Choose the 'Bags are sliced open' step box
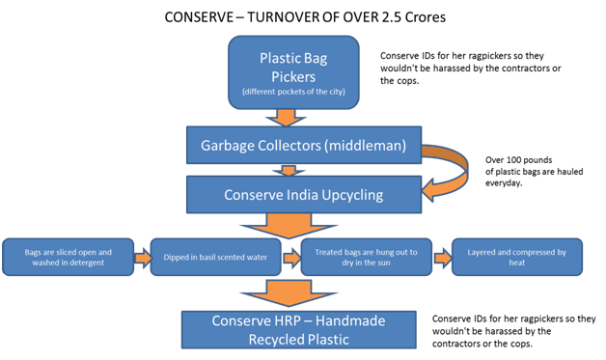pos(69,258)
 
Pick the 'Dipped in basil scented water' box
pos(214,258)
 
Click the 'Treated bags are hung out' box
pos(366,258)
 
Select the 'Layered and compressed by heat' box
pos(517,258)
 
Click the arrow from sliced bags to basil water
pos(141,258)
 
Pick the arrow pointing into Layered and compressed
pos(442,258)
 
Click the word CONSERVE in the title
pos(203,17)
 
